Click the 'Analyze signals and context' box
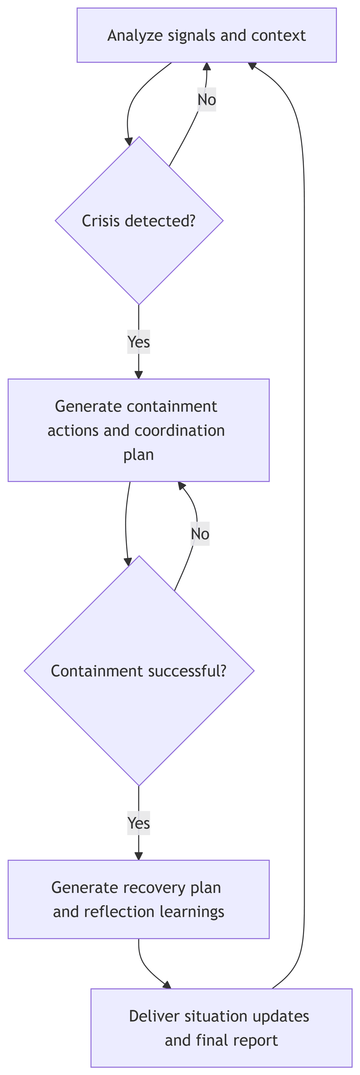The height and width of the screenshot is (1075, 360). (207, 35)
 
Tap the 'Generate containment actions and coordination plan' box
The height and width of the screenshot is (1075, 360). (139, 430)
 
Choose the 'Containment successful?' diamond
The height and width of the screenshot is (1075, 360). (139, 671)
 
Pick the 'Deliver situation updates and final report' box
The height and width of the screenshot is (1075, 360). (221, 1028)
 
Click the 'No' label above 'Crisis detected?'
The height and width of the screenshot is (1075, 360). (207, 100)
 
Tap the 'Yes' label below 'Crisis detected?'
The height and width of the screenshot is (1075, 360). (139, 342)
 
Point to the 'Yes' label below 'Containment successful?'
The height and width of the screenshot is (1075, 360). (139, 823)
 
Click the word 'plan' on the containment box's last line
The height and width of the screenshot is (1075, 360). (139, 454)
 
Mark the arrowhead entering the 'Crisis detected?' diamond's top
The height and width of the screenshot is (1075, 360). (129, 141)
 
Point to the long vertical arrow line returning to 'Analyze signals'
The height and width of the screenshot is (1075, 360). (304, 543)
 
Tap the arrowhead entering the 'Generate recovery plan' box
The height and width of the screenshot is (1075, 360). (139, 855)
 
